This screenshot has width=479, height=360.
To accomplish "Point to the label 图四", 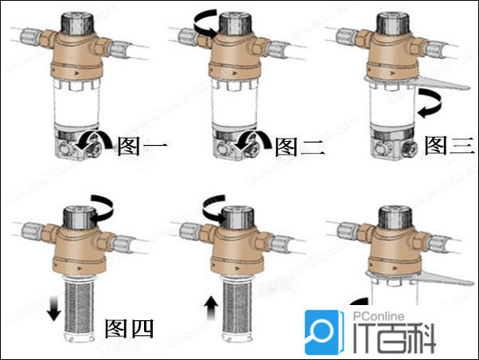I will [129, 327].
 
